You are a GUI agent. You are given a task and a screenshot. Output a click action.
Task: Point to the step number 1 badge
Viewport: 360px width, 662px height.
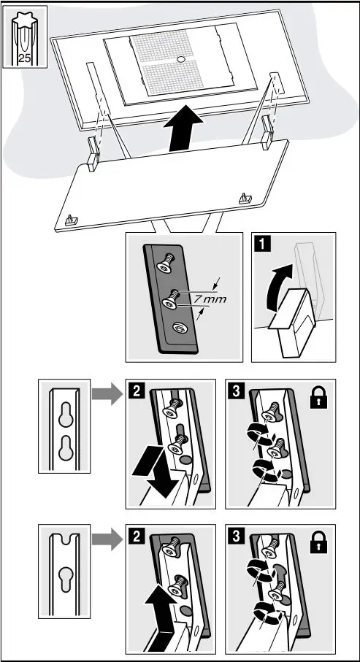pos(258,242)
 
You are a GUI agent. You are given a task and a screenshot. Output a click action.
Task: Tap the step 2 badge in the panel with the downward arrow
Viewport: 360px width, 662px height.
pos(134,388)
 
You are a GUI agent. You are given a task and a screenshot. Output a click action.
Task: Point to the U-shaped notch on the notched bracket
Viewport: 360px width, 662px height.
pos(64,542)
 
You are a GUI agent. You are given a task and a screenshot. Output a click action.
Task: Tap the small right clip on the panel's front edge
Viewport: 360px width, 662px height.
pos(245,197)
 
